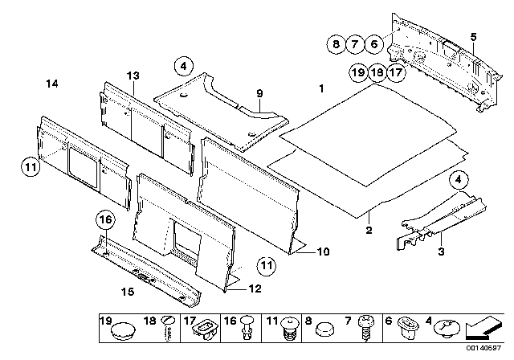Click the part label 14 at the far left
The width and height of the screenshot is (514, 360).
click(52, 84)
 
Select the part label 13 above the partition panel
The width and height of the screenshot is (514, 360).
click(133, 75)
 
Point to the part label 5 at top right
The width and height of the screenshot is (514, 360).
click(473, 37)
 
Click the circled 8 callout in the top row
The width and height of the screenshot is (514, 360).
click(337, 45)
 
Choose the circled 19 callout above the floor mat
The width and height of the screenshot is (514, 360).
click(358, 73)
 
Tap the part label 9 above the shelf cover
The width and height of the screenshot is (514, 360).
click(259, 94)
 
